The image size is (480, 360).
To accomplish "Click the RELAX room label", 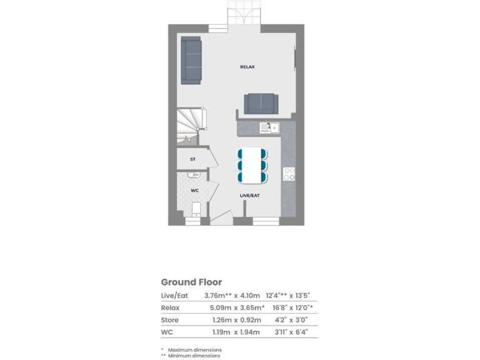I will click(x=247, y=67).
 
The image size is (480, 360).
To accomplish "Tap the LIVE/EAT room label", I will click(x=250, y=196).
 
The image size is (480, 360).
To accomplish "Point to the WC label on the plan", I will click(x=194, y=190).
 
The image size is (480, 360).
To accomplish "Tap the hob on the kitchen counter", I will click(x=289, y=173).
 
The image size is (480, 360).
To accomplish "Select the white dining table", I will click(x=252, y=165).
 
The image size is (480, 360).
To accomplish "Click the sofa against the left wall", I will click(x=191, y=60).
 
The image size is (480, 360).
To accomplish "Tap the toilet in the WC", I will click(x=196, y=209).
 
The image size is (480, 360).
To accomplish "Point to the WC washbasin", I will click(x=194, y=175).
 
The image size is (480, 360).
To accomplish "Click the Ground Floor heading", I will click(x=191, y=282).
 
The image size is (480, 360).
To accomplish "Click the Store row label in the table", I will click(x=169, y=320).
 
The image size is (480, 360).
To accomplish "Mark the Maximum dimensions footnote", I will click(x=194, y=349).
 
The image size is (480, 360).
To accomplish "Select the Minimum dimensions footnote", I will click(x=193, y=356).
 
